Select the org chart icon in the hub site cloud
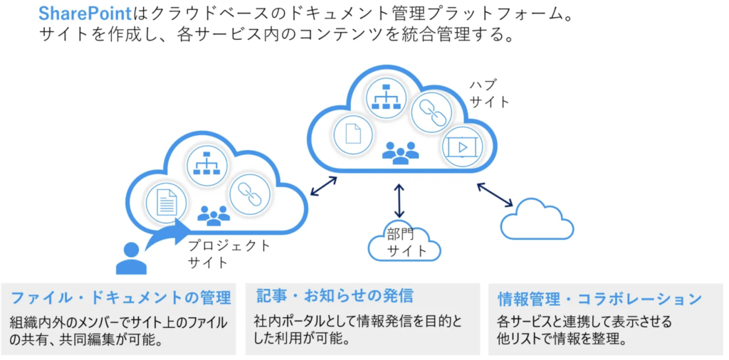(389, 97)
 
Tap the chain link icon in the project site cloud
(249, 191)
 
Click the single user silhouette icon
(131, 258)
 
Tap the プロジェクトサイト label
(229, 254)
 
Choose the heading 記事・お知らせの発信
(334, 296)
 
